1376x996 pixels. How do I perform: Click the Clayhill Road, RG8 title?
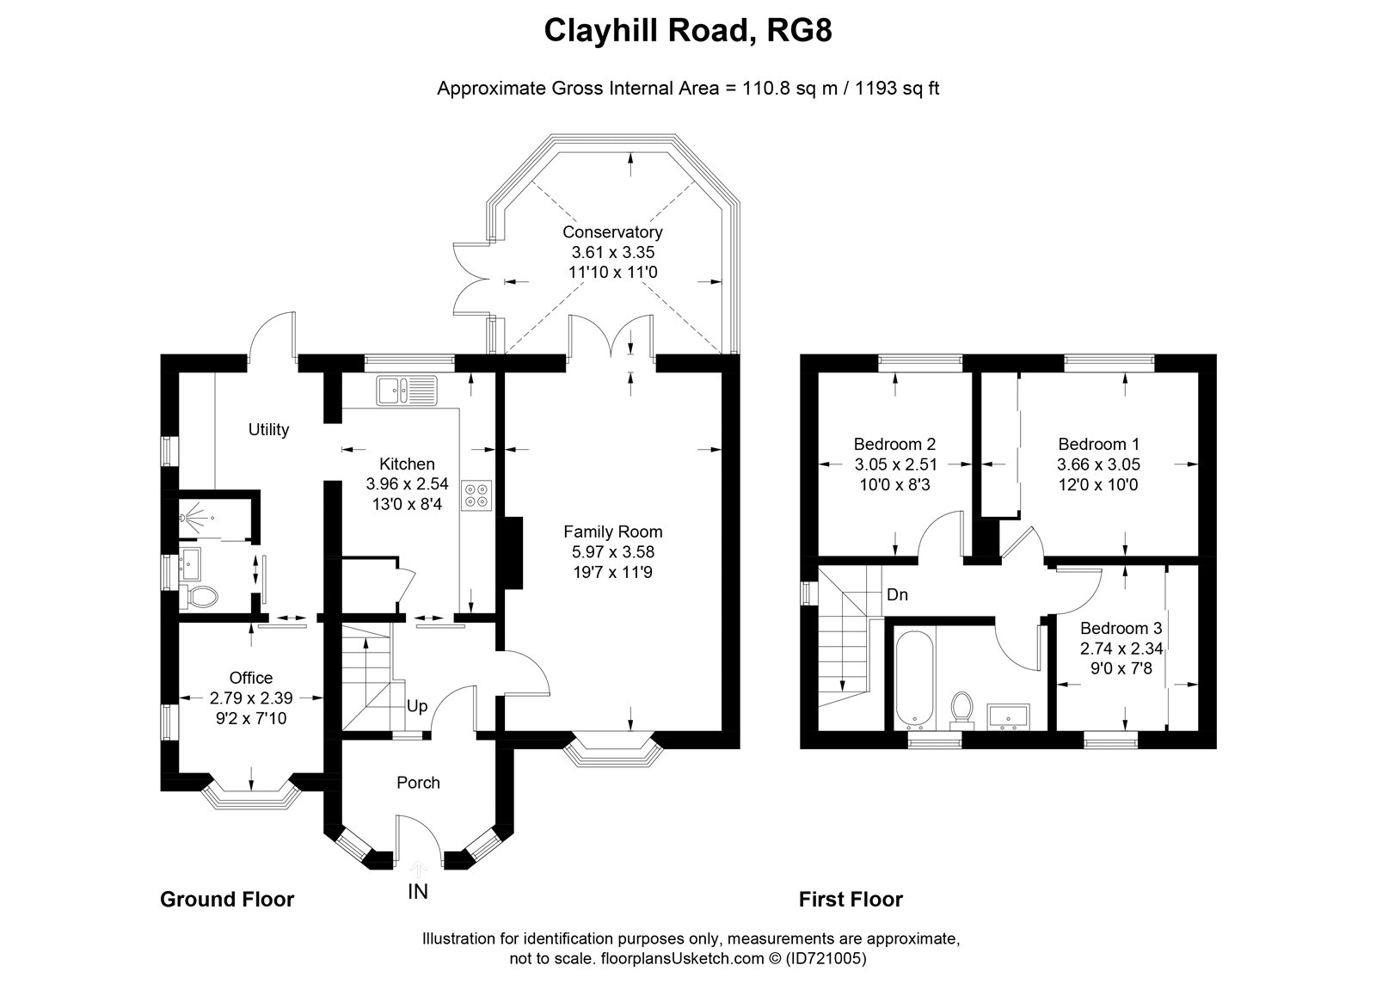tap(688, 31)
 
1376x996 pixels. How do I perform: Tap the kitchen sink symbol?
tap(408, 390)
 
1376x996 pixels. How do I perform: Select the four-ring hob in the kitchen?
tap(476, 495)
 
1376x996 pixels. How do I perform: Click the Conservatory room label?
tap(612, 232)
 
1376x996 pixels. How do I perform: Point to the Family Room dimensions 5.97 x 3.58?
tap(613, 552)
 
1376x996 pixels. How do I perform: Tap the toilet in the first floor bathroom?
tap(961, 709)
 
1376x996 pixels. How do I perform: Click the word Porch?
tap(418, 783)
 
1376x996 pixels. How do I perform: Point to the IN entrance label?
tap(418, 892)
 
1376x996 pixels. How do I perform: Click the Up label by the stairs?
tap(417, 707)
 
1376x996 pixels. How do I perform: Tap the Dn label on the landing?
tap(898, 595)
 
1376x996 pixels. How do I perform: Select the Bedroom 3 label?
tap(1121, 629)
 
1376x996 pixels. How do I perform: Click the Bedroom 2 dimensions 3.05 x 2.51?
tap(895, 464)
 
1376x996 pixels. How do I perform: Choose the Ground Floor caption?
tap(227, 900)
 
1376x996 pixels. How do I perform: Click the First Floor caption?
tap(851, 900)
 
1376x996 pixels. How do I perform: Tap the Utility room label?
tap(268, 429)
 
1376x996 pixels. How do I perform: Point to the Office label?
tap(250, 678)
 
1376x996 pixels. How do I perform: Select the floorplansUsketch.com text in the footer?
tap(682, 958)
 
